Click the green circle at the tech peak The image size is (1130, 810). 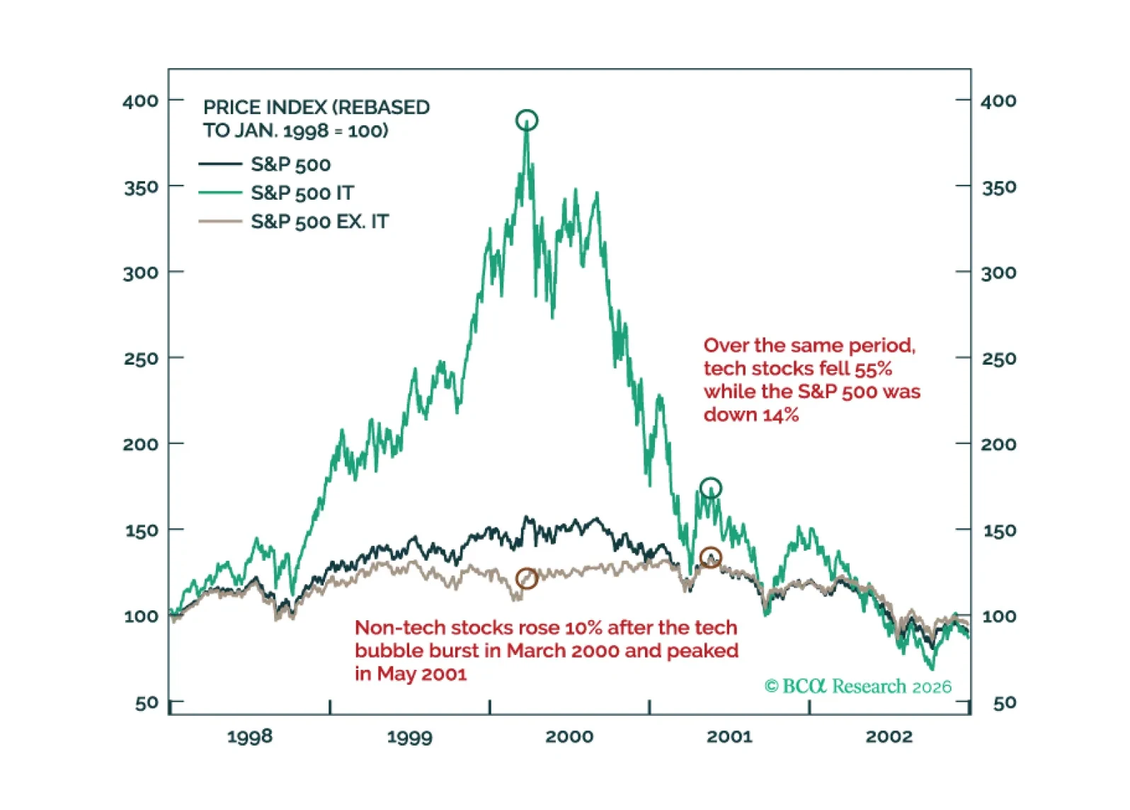pyautogui.click(x=527, y=120)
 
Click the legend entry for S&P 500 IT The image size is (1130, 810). pyautogui.click(x=302, y=193)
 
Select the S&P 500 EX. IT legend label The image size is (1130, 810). pyautogui.click(x=319, y=222)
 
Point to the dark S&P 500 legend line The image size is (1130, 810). pyautogui.click(x=220, y=164)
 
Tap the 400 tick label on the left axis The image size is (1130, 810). pyautogui.click(x=140, y=101)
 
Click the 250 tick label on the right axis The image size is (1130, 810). pyautogui.click(x=998, y=359)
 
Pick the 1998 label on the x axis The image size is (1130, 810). pyautogui.click(x=250, y=736)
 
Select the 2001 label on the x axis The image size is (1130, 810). pyautogui.click(x=729, y=736)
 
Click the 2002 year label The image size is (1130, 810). pyautogui.click(x=889, y=736)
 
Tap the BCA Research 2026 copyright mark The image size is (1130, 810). pyautogui.click(x=858, y=686)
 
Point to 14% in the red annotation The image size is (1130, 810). pyautogui.click(x=781, y=415)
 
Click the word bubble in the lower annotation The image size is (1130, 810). pyautogui.click(x=388, y=651)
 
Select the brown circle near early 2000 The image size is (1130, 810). pyautogui.click(x=527, y=578)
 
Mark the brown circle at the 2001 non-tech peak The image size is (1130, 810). pyautogui.click(x=711, y=558)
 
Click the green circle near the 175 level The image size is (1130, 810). pyautogui.click(x=711, y=488)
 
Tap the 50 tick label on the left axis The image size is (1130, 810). pyautogui.click(x=147, y=703)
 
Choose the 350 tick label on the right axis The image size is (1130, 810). pyautogui.click(x=998, y=188)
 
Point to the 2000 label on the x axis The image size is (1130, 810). pyautogui.click(x=569, y=736)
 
